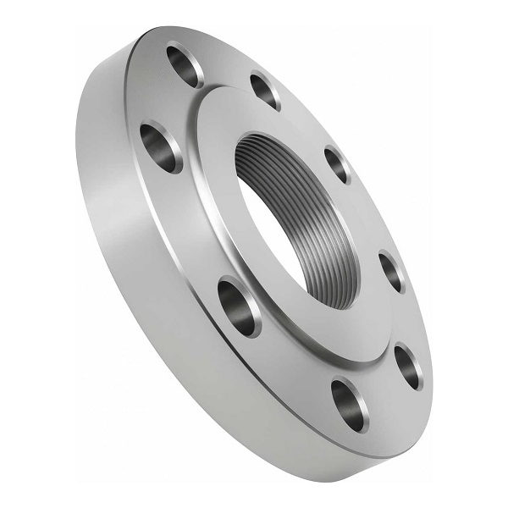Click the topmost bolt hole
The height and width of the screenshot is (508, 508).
coord(185,65)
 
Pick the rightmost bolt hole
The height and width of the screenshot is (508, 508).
coord(408,367)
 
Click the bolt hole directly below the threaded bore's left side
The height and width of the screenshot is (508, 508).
coord(240,305)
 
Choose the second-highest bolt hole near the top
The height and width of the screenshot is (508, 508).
coord(266,91)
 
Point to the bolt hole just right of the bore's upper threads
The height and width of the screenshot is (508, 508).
coord(337,163)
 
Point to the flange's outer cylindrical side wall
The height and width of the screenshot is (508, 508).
coord(127,254)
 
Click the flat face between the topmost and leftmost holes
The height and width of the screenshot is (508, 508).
coord(161,102)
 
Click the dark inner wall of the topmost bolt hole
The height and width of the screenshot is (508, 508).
coord(179,61)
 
